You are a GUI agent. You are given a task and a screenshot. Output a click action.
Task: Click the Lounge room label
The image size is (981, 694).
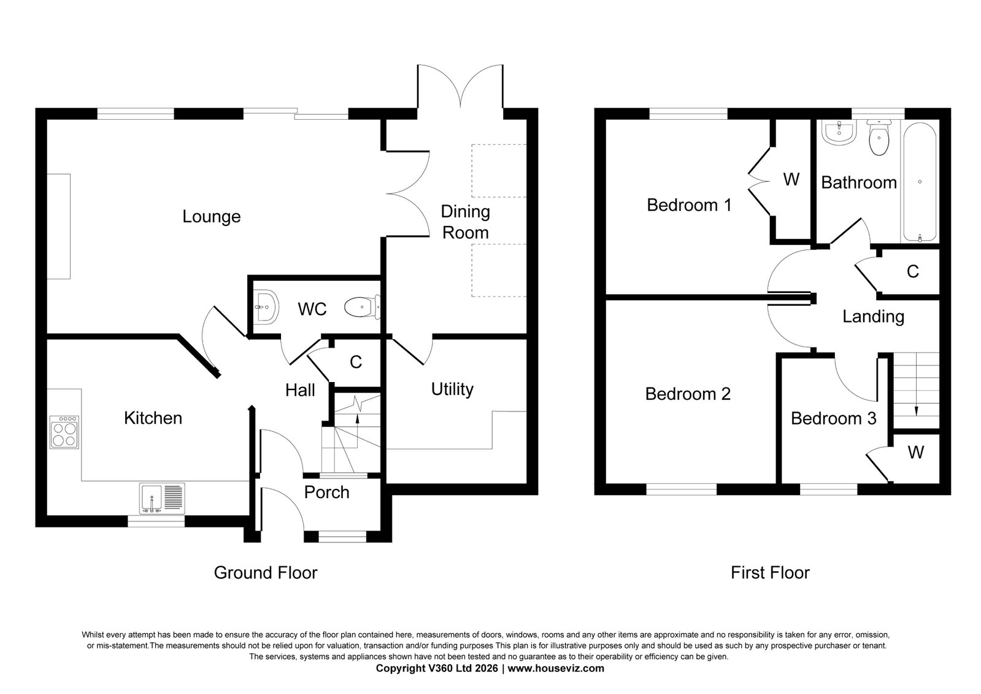click(212, 217)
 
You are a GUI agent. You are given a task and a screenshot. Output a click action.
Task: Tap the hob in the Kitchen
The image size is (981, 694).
click(64, 432)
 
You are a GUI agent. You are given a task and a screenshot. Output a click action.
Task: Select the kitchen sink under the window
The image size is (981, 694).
click(162, 499)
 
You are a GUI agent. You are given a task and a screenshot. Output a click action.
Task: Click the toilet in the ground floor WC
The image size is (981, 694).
click(362, 307)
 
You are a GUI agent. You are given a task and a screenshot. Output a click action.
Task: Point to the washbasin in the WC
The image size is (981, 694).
click(266, 307)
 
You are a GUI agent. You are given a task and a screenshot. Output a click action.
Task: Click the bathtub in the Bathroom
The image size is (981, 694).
click(920, 182)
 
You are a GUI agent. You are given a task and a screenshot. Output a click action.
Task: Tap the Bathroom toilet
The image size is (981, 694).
click(879, 137)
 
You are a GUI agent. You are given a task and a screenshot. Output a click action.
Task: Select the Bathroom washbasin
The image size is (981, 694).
click(839, 132)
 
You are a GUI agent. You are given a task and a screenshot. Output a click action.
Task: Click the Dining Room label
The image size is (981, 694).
click(465, 222)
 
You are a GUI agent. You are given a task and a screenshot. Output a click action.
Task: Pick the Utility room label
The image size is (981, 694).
click(452, 389)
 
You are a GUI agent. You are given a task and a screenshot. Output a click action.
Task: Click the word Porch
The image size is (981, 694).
click(327, 493)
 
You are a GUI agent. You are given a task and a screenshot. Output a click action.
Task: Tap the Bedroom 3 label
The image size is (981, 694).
click(833, 418)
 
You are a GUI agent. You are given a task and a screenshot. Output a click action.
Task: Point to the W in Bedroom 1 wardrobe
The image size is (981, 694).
click(791, 179)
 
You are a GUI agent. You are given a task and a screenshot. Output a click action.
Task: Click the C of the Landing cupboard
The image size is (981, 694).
click(913, 272)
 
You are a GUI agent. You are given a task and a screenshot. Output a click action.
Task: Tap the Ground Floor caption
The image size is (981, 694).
click(266, 572)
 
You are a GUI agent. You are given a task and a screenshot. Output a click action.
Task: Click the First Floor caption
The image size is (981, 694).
click(771, 572)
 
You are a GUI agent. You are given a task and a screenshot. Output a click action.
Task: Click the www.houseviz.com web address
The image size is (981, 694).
click(556, 668)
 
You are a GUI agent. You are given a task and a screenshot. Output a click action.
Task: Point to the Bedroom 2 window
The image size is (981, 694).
click(682, 489)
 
